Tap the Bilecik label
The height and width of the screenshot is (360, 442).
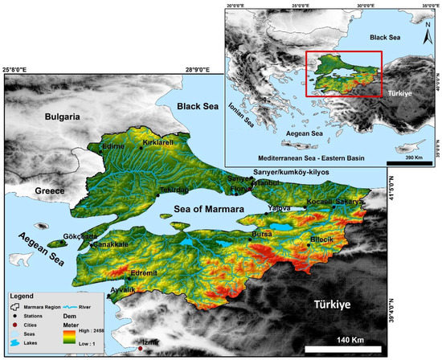[x=326, y=239]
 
